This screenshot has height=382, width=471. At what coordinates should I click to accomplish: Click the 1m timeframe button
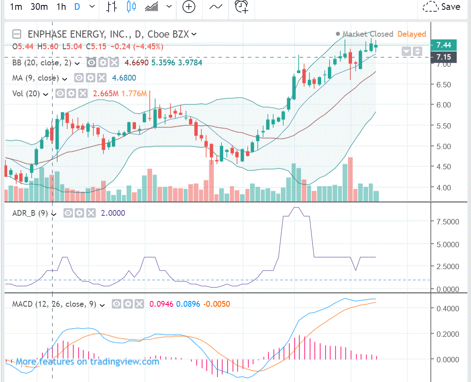(x=16, y=7)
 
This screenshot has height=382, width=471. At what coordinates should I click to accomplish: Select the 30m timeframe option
(x=39, y=7)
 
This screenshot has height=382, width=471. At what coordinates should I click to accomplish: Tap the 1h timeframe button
(x=61, y=7)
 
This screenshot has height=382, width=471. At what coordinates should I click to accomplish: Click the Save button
(x=442, y=7)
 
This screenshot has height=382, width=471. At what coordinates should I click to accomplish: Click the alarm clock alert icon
(x=242, y=7)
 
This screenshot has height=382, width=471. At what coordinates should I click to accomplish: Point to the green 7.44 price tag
(x=443, y=45)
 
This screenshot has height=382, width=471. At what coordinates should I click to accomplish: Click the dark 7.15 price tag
(x=443, y=57)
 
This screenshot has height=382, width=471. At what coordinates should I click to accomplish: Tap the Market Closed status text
(x=368, y=34)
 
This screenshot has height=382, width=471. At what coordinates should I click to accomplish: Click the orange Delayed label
(x=412, y=34)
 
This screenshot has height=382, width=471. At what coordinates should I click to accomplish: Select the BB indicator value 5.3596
(x=163, y=63)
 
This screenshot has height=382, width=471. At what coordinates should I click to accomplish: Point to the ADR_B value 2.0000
(x=114, y=213)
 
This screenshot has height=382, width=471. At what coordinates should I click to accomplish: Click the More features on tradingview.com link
(x=87, y=361)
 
